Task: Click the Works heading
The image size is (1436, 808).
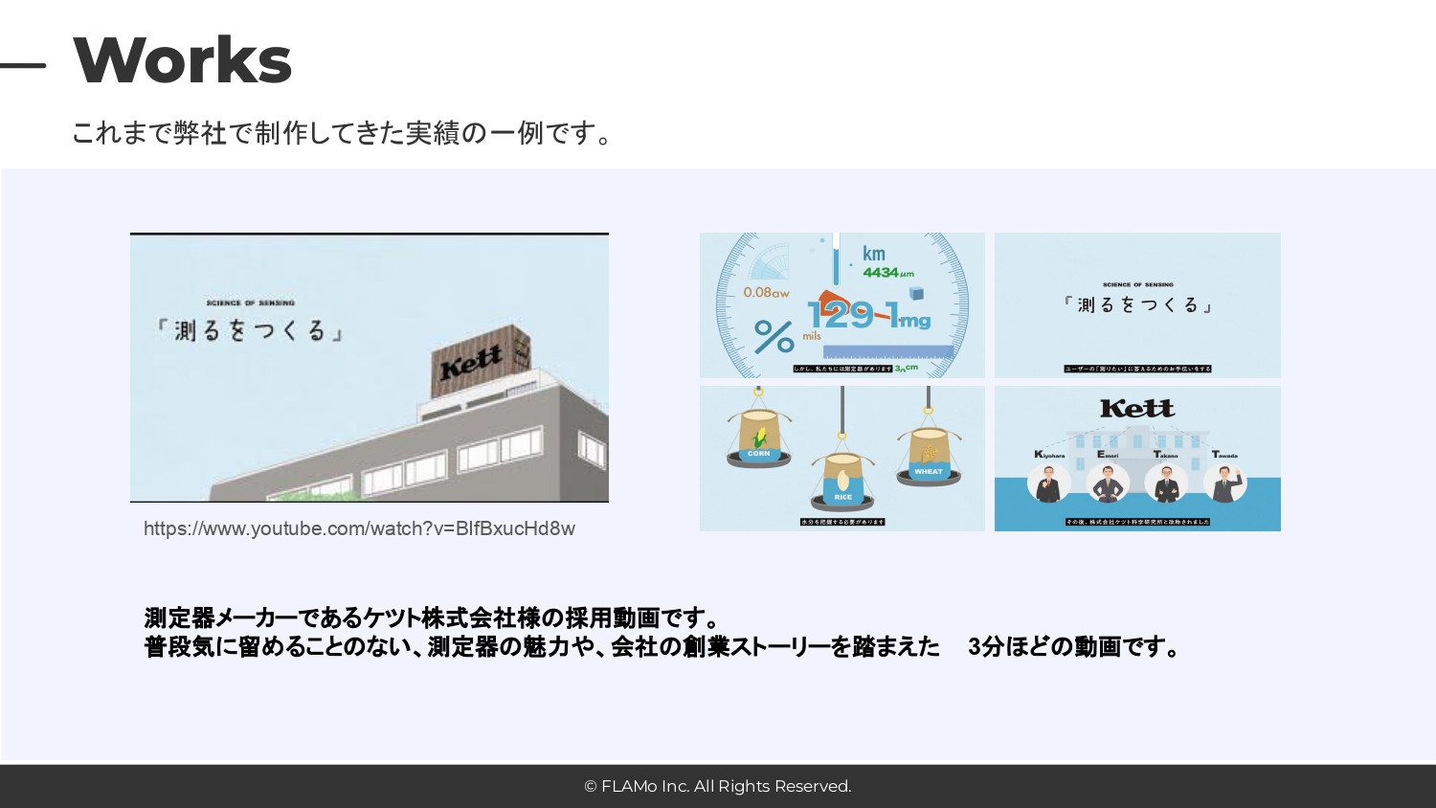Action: (182, 60)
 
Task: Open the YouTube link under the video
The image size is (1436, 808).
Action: (359, 528)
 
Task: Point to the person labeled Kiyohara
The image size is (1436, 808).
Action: (1049, 482)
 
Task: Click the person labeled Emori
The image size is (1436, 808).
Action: (1108, 482)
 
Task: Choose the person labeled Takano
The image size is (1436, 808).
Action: (1166, 482)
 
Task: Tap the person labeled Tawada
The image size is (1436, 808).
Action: (1224, 482)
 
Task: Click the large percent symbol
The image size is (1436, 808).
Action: (774, 336)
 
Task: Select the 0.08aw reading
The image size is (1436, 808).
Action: (766, 293)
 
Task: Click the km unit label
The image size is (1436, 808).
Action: (873, 254)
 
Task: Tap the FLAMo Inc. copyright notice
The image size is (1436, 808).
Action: (718, 786)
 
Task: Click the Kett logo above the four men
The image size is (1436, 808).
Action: (1136, 409)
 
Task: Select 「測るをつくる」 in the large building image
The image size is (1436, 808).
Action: (250, 330)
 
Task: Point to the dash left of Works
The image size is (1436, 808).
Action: (23, 65)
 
